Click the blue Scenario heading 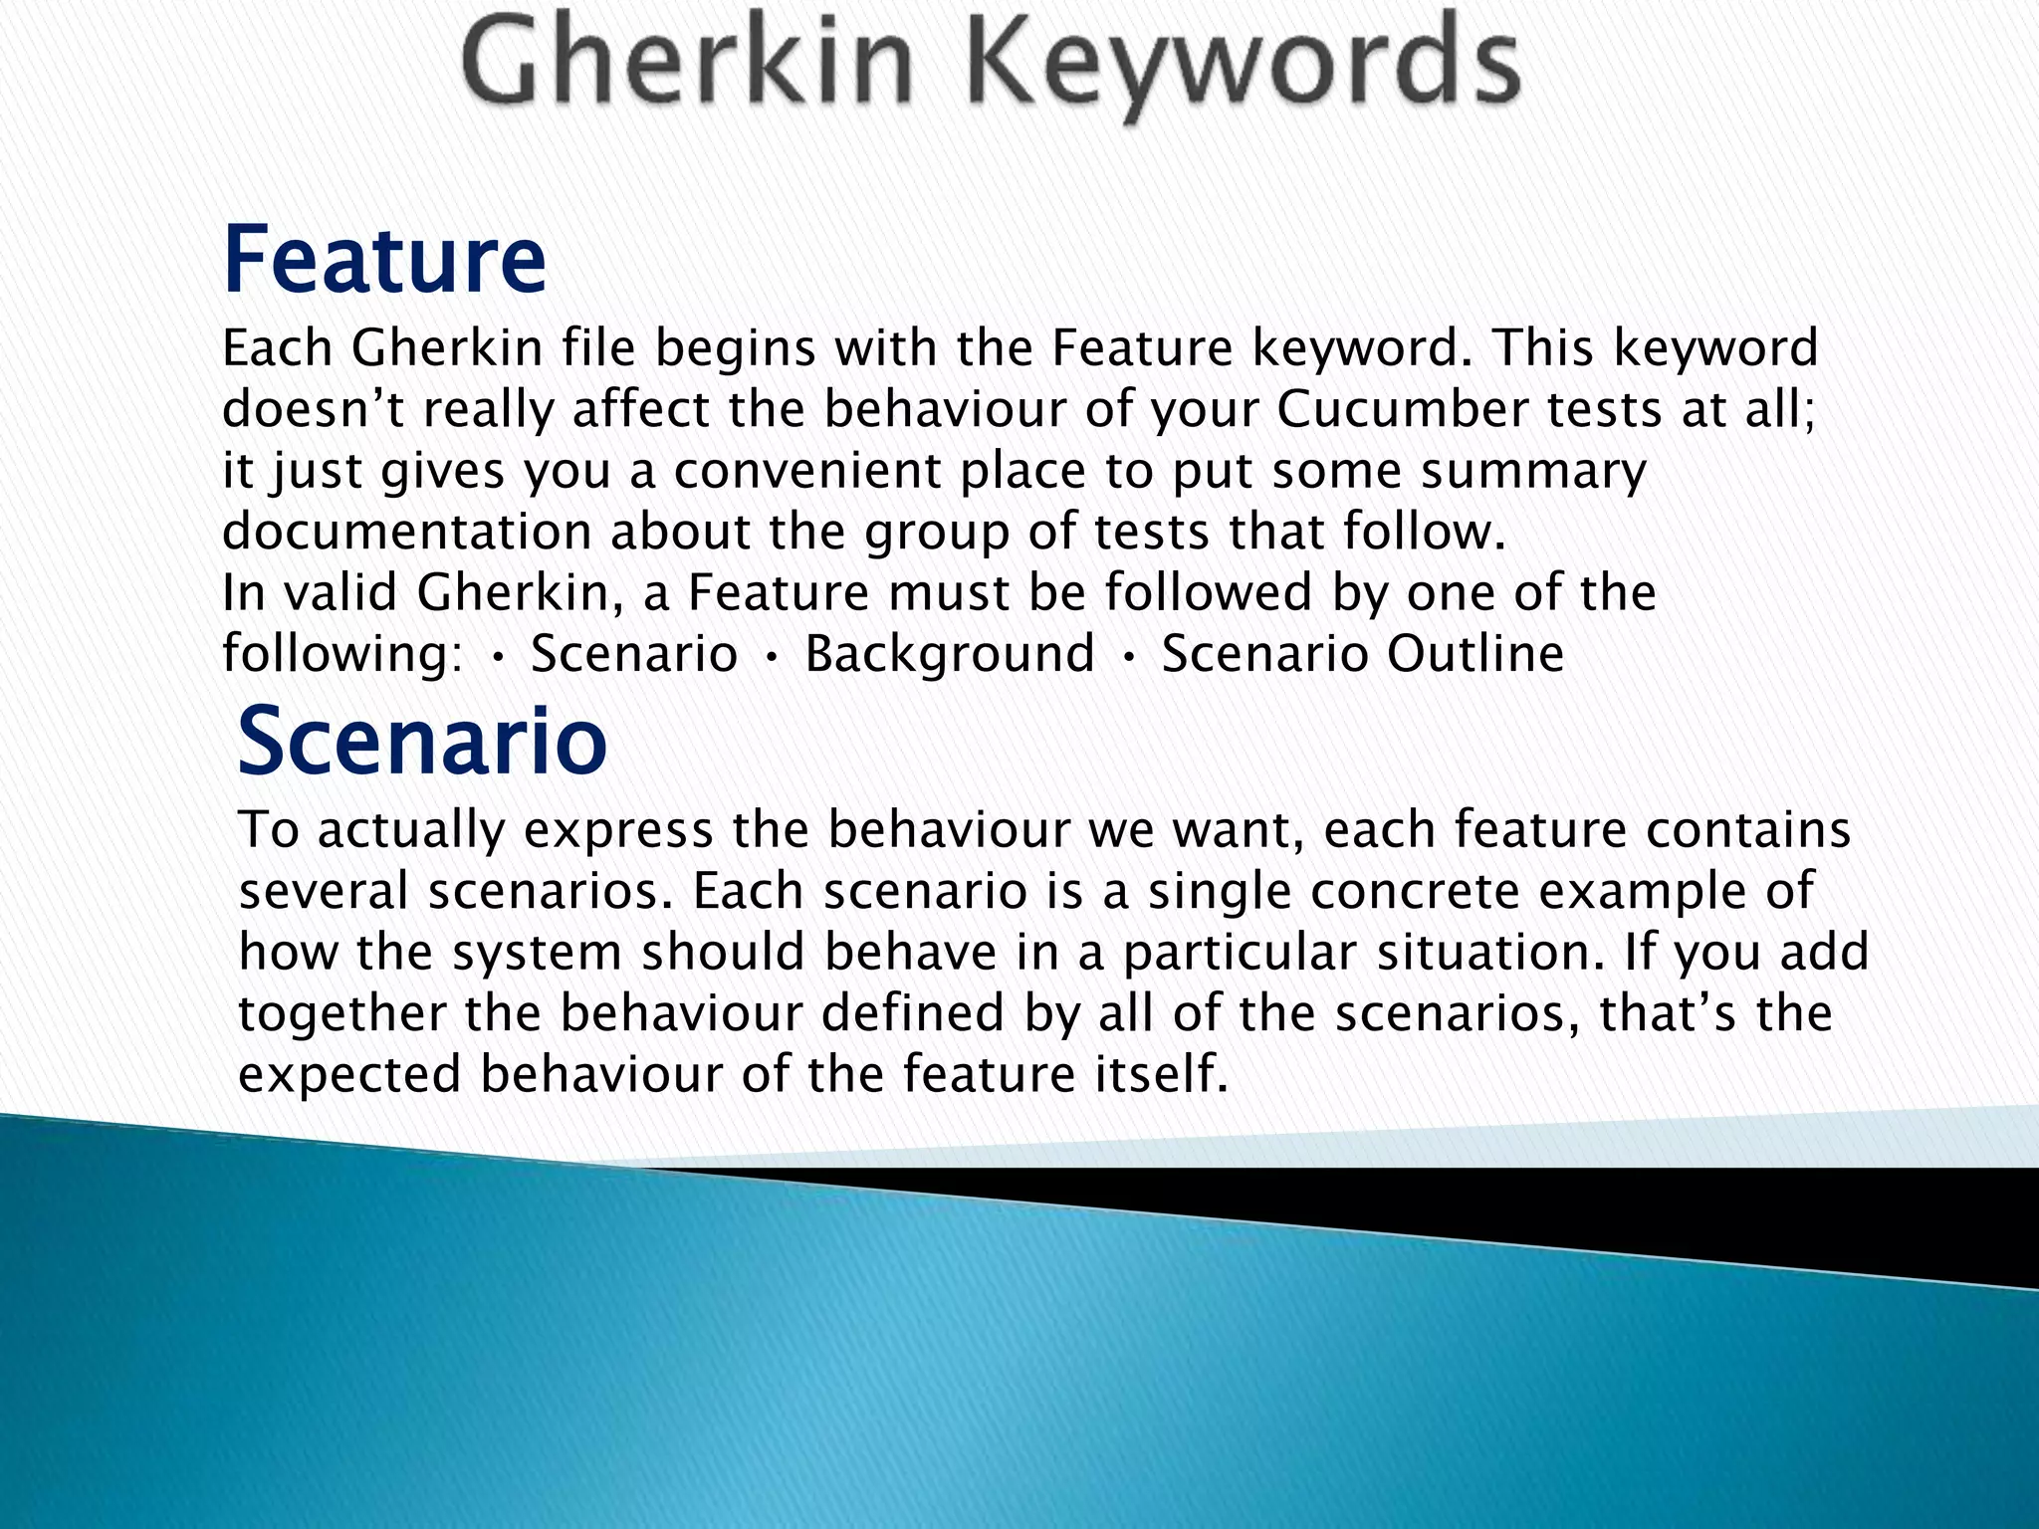[422, 741]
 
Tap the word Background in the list [950, 654]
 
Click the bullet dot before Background [772, 656]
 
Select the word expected [350, 1076]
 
